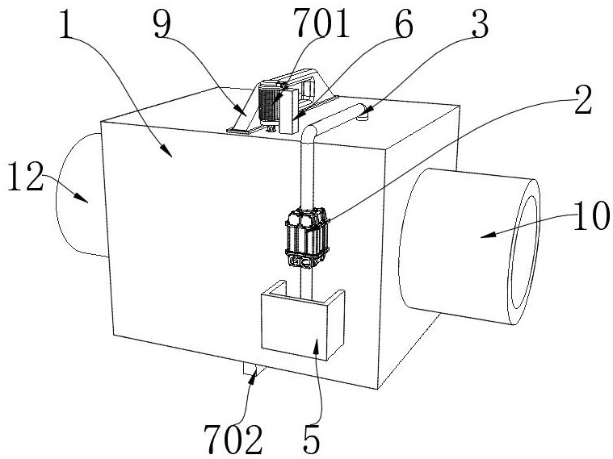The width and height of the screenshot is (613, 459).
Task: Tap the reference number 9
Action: (162, 25)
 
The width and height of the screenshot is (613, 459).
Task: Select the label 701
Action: (321, 24)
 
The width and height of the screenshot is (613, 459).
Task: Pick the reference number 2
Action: (583, 99)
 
